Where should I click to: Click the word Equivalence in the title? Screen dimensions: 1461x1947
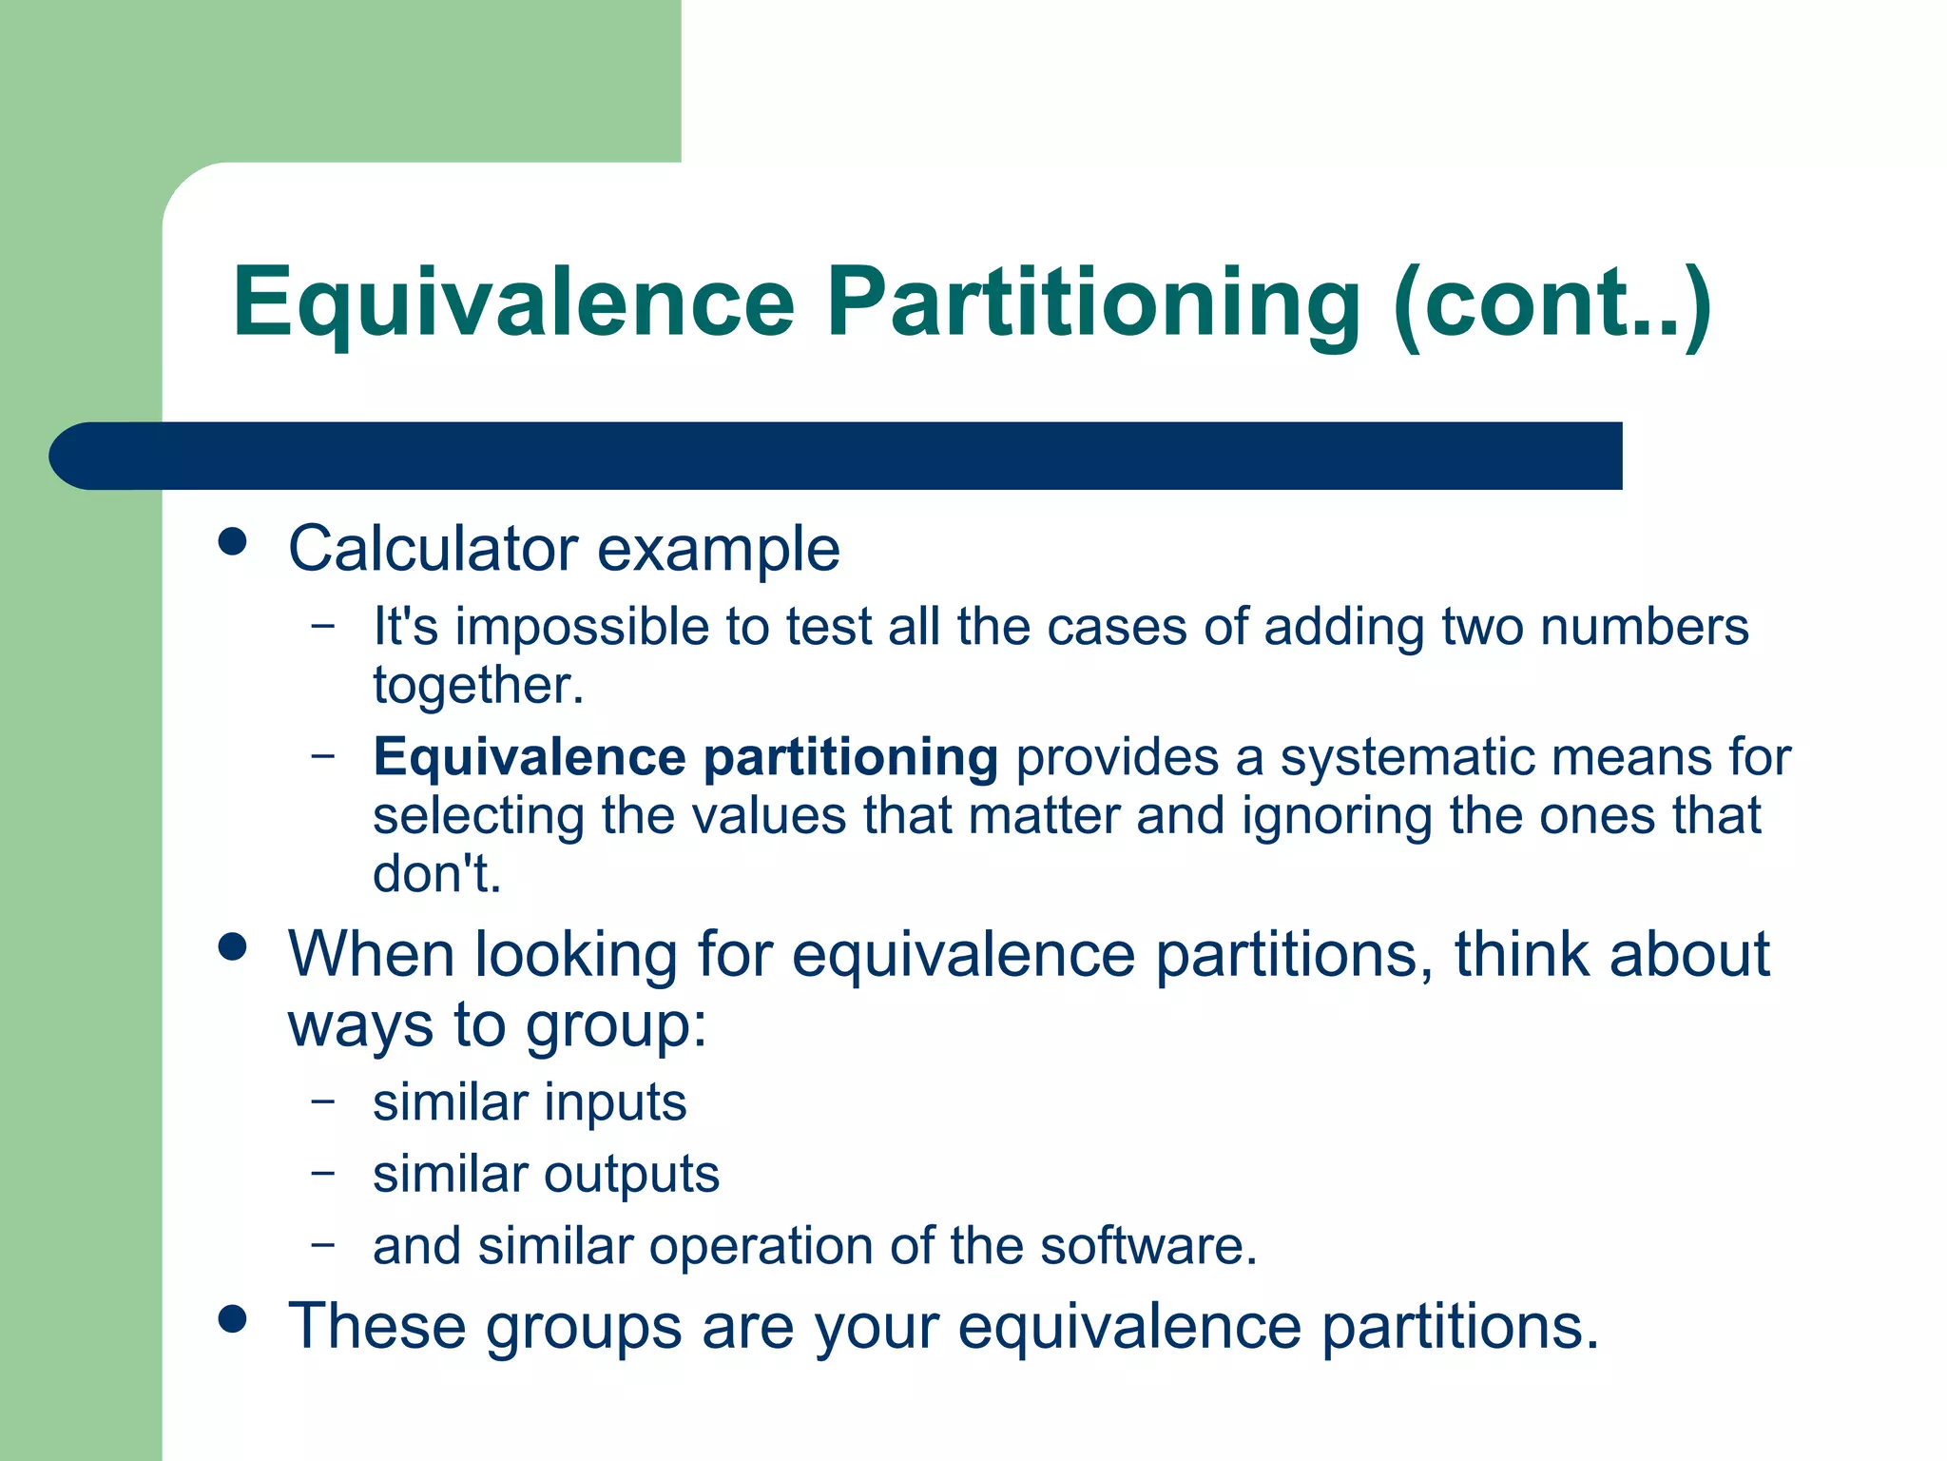point(513,302)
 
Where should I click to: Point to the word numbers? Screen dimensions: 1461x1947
point(1644,628)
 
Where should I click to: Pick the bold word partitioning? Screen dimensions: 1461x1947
point(851,758)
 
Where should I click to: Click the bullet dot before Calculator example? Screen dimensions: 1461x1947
point(232,542)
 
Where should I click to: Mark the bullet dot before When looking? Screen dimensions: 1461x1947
point(232,946)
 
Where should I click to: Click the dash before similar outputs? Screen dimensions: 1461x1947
point(323,1172)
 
